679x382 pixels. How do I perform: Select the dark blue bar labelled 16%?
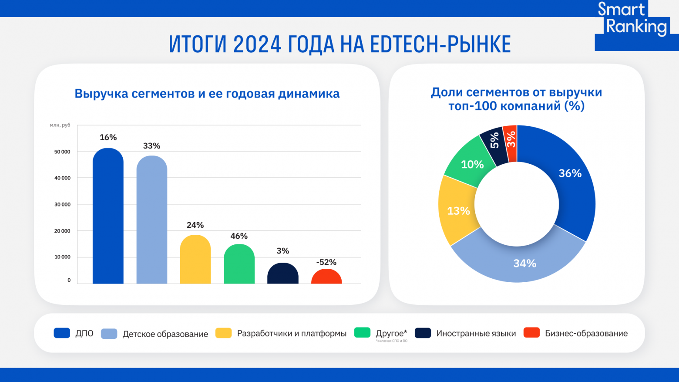coord(108,218)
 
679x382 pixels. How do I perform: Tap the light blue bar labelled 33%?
coord(151,222)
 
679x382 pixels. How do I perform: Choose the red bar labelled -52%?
coord(326,277)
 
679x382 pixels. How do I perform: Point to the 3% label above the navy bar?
coord(282,251)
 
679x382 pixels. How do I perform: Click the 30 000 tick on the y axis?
coord(62,204)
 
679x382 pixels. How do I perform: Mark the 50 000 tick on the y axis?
coord(62,152)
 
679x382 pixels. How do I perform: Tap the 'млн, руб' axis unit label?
coord(60,125)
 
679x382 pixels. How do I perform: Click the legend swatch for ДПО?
coord(62,333)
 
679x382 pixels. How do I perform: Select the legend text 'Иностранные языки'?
coord(476,334)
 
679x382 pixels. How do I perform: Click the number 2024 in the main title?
coord(257,44)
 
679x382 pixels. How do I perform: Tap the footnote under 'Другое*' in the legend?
coord(392,341)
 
